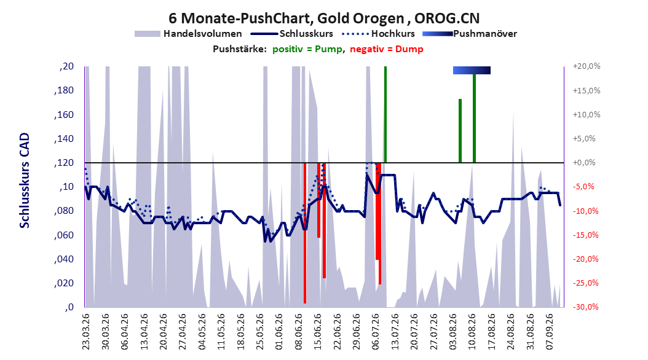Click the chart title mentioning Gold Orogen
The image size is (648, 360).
pos(324,18)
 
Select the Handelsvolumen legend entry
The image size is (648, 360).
pos(188,34)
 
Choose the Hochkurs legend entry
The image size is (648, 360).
pos(378,34)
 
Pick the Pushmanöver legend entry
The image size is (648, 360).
pos(470,34)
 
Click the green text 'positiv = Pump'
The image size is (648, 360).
pos(307,49)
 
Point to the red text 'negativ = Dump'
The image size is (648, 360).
pos(387,49)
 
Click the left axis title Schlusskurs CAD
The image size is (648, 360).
pos(25,181)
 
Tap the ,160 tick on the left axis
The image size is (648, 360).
pos(64,114)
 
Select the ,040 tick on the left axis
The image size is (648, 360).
pos(64,259)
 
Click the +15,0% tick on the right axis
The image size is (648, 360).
pos(587,90)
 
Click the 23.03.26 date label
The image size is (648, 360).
pos(86,332)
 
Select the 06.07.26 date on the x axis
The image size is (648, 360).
pos(376,332)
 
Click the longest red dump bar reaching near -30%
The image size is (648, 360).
pos(305,233)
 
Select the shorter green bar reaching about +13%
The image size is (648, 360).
pos(460,131)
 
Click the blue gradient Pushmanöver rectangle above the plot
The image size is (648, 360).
pos(472,70)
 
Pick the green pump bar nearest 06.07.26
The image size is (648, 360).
pos(385,114)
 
